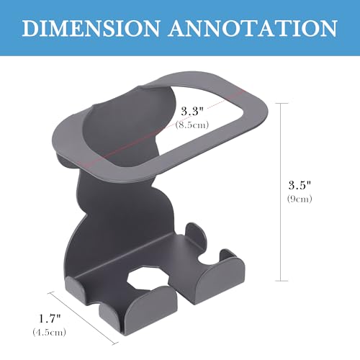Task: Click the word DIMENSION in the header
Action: point(91,28)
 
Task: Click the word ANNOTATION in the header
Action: point(253,28)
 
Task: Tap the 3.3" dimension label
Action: point(192,112)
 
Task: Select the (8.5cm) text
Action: point(192,125)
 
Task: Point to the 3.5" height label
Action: point(300,185)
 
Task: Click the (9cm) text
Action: point(300,199)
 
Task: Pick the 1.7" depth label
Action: point(50,318)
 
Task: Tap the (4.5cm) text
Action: point(50,332)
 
